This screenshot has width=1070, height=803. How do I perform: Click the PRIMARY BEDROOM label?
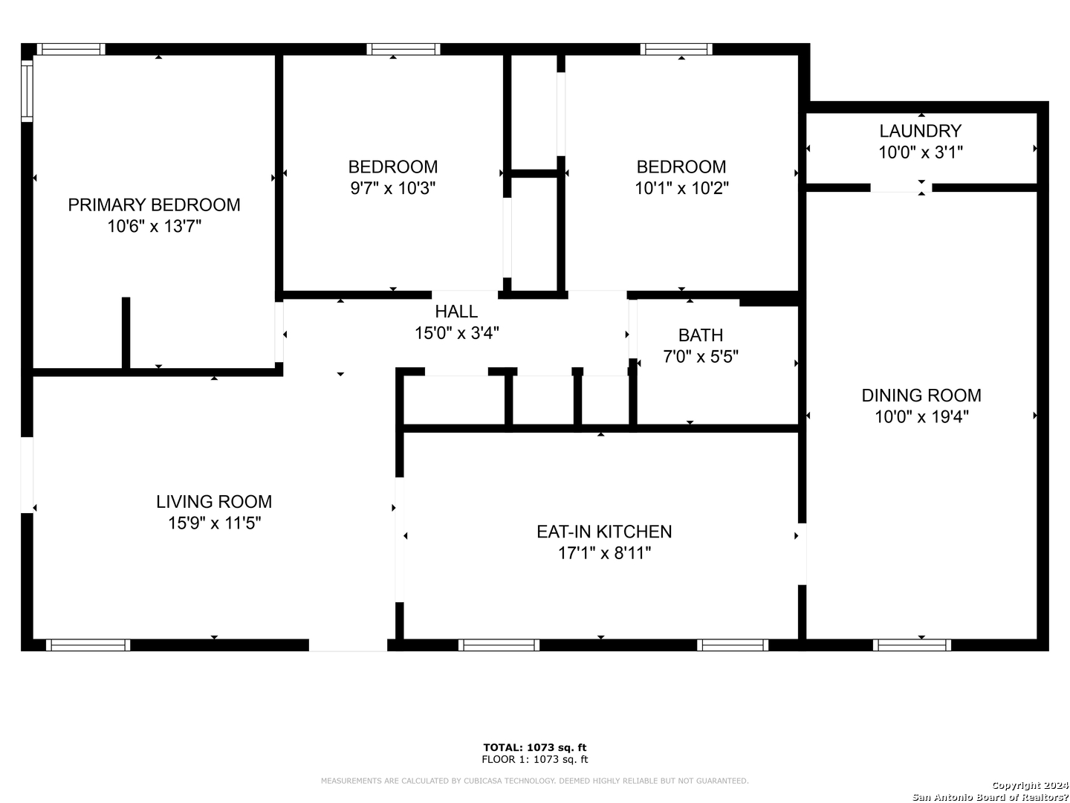[154, 205]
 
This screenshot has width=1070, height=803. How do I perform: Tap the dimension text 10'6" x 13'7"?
[154, 227]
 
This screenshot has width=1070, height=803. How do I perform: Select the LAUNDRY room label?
[921, 131]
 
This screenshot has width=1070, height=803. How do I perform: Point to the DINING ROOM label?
[921, 396]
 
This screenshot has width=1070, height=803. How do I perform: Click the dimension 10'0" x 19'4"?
[921, 417]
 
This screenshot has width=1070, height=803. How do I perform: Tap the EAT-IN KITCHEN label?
[604, 532]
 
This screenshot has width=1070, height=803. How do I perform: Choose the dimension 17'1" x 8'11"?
[604, 553]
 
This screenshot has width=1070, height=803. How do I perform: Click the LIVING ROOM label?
[214, 502]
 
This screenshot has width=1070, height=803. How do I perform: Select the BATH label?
[701, 335]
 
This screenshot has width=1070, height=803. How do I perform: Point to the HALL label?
[456, 312]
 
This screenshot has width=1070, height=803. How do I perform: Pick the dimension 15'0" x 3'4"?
[456, 334]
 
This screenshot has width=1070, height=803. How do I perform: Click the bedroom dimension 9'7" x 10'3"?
[393, 188]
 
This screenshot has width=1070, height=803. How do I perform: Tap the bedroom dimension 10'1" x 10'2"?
[681, 188]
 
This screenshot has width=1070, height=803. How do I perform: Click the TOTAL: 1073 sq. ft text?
[535, 747]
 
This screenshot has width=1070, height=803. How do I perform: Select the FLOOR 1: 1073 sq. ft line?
[535, 759]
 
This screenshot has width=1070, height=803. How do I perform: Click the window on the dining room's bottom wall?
[912, 645]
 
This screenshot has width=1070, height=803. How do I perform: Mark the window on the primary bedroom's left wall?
[27, 90]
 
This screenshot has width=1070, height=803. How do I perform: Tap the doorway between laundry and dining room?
[901, 188]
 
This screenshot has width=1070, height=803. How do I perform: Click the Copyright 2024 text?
[1030, 785]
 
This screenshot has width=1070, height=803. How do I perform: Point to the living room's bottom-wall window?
[88, 645]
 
